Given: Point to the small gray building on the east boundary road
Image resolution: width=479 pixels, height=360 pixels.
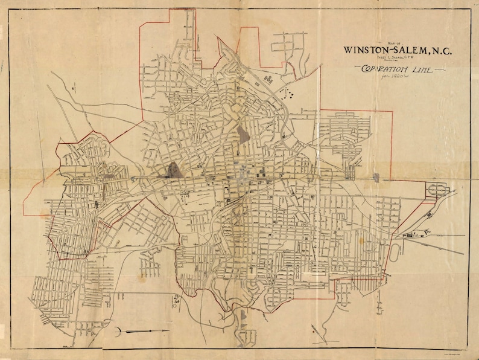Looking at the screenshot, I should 376,178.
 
